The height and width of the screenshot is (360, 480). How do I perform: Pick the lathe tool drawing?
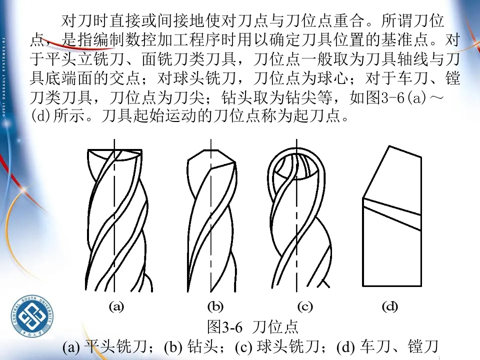pos(392,220)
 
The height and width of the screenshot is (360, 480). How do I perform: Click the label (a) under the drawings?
pos(116,306)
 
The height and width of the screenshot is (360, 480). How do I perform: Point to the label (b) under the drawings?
pos(215,306)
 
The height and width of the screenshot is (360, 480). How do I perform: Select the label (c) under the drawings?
pos(304,306)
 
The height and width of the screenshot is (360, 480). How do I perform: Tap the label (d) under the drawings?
pos(390,306)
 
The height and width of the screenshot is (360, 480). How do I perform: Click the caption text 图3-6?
pos(224,327)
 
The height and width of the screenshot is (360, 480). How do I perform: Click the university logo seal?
pos(31,318)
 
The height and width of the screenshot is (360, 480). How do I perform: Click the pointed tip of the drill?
pos(211,150)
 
